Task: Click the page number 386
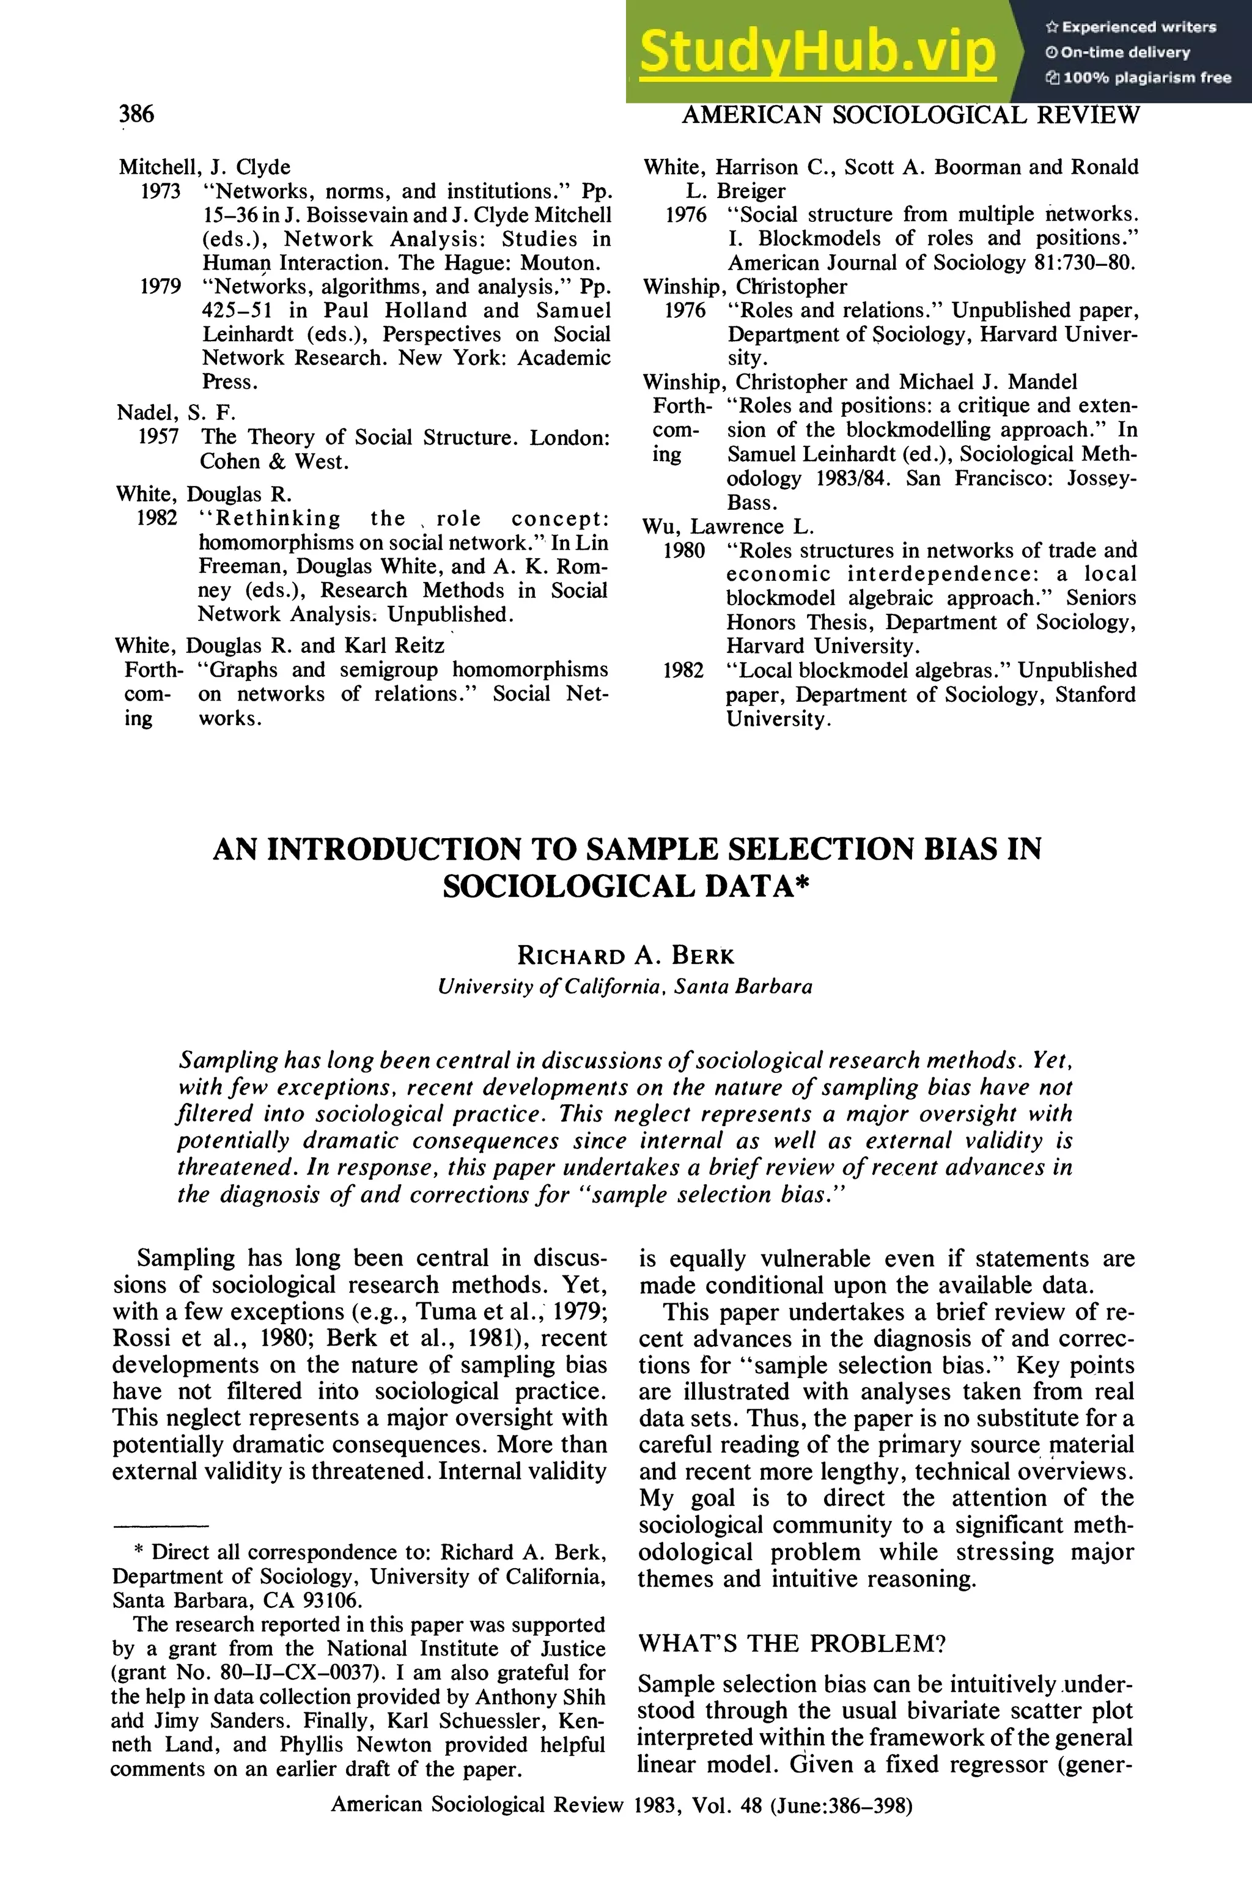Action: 136,114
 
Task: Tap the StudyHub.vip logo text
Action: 817,51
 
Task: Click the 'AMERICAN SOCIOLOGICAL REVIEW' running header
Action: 910,116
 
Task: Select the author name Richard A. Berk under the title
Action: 625,955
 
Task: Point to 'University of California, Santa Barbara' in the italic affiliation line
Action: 625,987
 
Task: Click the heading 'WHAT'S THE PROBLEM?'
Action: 792,1643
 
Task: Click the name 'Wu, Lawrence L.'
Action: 727,527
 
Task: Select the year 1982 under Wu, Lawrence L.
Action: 683,671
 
